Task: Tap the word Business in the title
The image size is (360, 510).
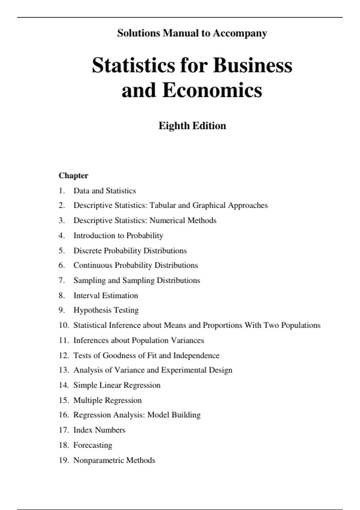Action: click(253, 65)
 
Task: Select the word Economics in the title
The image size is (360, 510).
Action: click(212, 90)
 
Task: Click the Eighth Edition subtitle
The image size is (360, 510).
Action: click(192, 126)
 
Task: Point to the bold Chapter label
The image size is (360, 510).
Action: click(73, 175)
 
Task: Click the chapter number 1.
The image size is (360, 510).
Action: click(61, 191)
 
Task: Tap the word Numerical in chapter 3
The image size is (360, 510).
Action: click(167, 220)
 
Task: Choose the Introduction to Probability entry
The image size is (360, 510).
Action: click(118, 235)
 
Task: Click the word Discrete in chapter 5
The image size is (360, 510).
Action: click(87, 250)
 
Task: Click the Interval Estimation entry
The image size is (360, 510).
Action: click(106, 295)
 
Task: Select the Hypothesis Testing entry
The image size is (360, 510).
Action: click(106, 310)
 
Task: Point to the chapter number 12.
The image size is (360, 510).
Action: click(64, 355)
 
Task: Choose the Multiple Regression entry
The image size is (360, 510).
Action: click(107, 400)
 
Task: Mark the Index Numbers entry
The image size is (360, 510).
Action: click(99, 430)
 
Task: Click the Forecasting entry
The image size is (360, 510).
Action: click(93, 445)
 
